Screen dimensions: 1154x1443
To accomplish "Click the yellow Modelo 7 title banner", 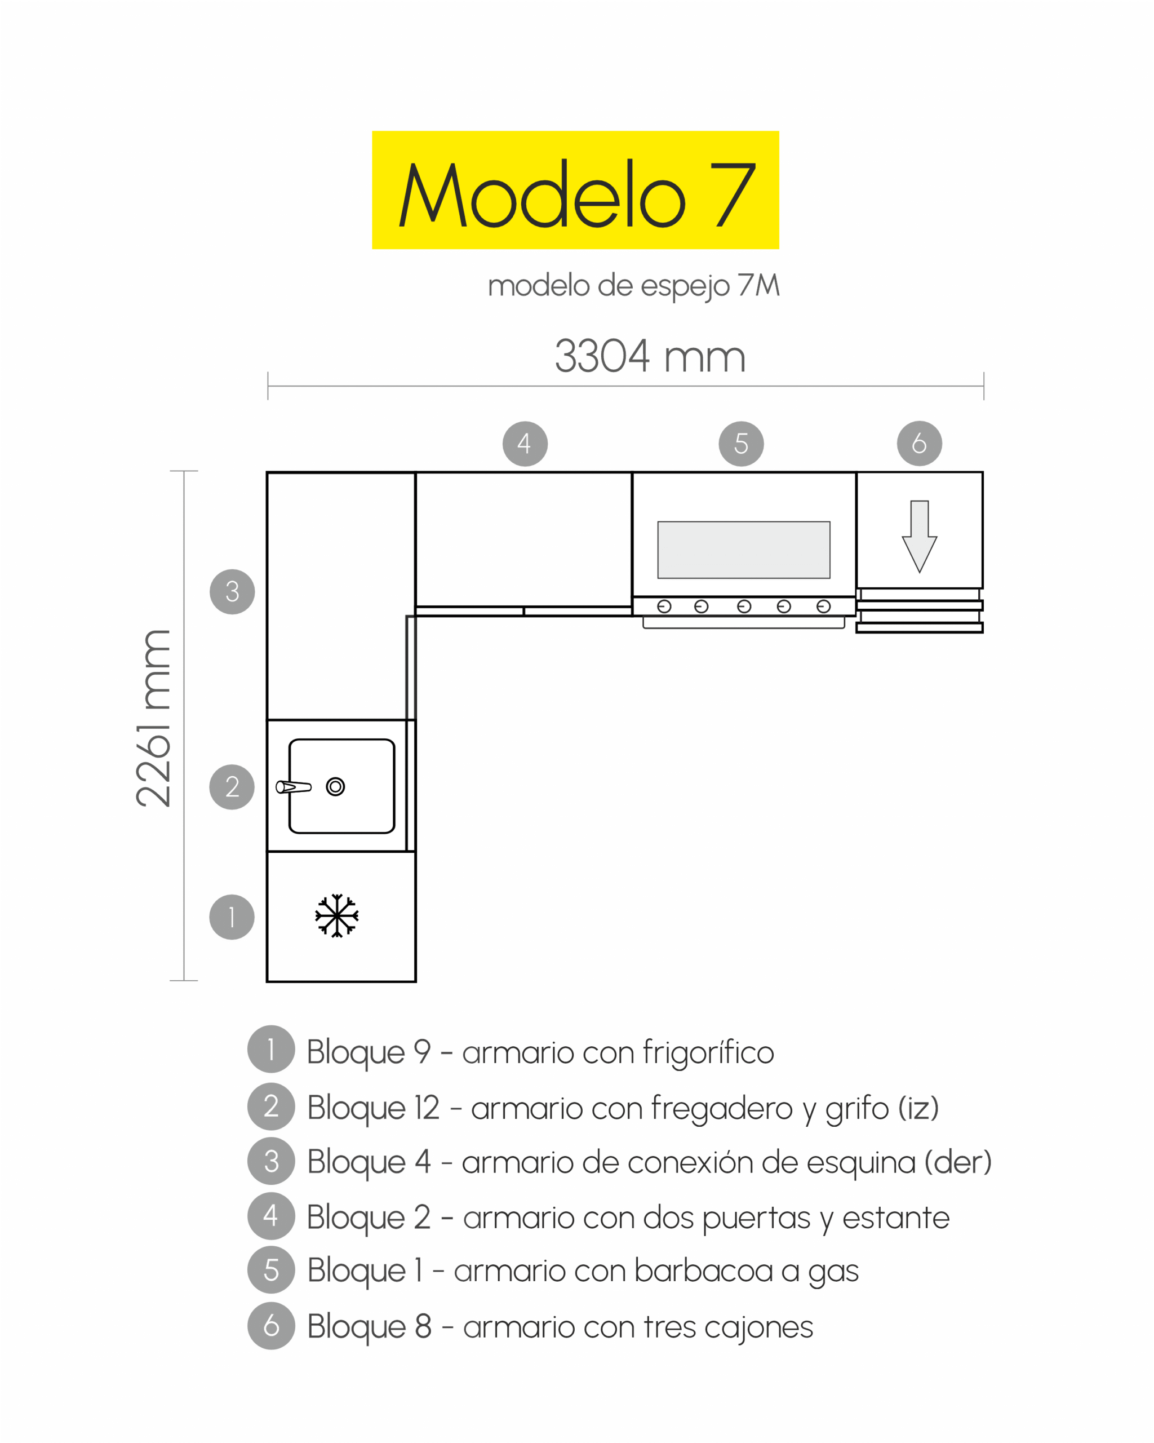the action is click(575, 190).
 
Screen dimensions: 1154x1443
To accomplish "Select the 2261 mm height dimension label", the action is click(153, 718).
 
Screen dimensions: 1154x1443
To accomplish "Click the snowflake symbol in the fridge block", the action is click(337, 915).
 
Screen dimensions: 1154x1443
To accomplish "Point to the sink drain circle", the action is click(335, 786).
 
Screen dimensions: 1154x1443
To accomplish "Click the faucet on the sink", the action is click(294, 787).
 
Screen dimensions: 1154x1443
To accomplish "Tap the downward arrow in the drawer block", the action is click(919, 537).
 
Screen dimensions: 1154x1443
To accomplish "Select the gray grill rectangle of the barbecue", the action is click(744, 550).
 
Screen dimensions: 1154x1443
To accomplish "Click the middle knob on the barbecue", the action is click(744, 607).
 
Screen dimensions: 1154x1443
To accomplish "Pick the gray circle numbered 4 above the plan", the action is click(525, 444).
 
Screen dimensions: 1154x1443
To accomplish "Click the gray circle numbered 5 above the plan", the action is click(741, 444).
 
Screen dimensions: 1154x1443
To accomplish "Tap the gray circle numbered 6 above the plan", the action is click(919, 443).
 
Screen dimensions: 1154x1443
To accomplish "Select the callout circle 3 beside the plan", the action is click(232, 592).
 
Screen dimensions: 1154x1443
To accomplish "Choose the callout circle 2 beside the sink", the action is click(232, 787).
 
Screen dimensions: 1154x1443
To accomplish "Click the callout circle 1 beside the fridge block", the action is click(232, 917).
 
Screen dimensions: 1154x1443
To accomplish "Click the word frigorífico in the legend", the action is click(708, 1053).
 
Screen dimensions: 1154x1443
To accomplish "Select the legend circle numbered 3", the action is click(271, 1161).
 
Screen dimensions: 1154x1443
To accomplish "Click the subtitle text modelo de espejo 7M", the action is click(633, 286).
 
